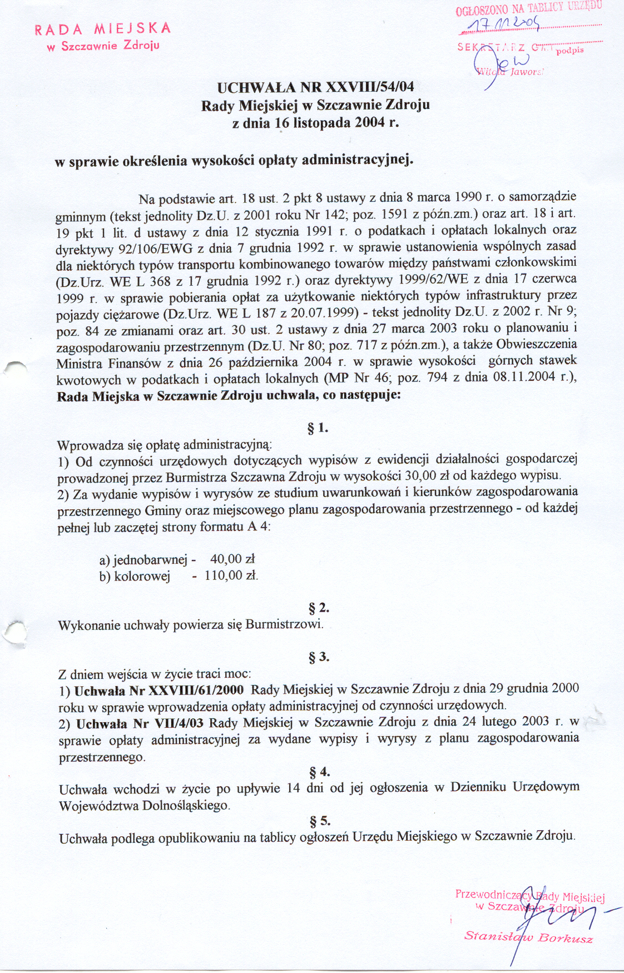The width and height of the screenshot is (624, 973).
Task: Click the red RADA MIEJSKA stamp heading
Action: (103, 29)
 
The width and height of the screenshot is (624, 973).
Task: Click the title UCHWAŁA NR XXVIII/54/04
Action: (315, 87)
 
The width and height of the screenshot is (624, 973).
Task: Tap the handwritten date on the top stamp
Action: (504, 23)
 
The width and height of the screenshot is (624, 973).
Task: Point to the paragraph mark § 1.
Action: (318, 428)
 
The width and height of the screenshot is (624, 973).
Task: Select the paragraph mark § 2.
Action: (319, 607)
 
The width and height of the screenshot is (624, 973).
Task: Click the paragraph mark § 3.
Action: (319, 657)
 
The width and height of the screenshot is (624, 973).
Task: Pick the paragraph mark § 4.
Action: (319, 772)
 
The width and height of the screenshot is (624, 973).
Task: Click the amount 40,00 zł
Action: (232, 559)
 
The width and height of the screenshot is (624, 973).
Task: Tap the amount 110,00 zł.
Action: (231, 575)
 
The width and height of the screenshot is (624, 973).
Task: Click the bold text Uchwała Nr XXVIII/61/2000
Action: (159, 691)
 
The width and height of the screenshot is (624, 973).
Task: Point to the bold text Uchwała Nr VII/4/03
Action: (140, 723)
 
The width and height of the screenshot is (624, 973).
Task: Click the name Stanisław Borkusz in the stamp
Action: (528, 937)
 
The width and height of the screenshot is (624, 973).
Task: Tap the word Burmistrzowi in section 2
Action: (284, 624)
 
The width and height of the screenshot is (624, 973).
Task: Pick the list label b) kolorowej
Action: (135, 577)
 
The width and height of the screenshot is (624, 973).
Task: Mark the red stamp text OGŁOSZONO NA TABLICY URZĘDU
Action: (528, 8)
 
